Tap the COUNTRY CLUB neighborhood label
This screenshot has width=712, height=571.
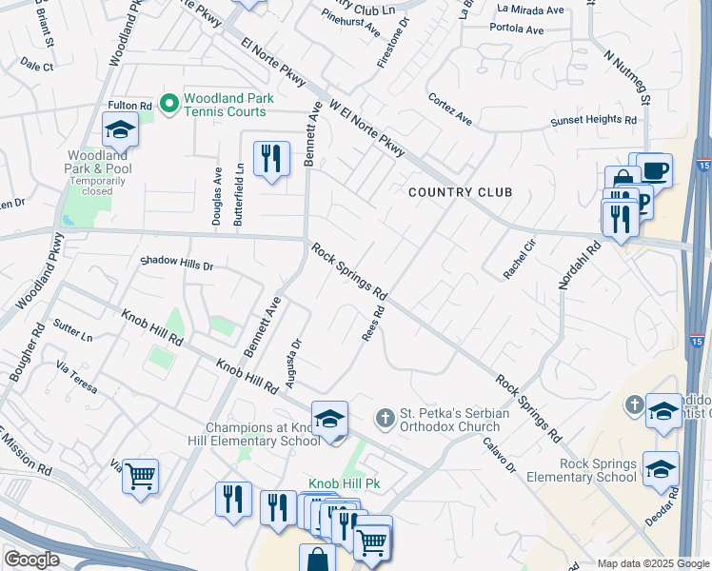tap(460, 192)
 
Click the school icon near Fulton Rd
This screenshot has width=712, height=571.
tap(121, 129)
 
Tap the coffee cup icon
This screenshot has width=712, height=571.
tap(654, 169)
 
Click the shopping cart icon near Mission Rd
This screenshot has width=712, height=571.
tap(140, 475)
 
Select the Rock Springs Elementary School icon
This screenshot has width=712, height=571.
tap(661, 469)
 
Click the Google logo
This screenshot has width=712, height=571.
tap(31, 560)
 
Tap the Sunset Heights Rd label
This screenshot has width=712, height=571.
tap(593, 121)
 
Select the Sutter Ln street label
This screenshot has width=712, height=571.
tap(73, 330)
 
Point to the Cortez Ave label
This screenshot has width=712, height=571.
tap(450, 109)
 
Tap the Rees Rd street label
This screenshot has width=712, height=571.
tap(373, 323)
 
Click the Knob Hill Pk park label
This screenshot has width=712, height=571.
tap(343, 483)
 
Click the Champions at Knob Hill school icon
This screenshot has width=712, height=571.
tap(329, 418)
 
